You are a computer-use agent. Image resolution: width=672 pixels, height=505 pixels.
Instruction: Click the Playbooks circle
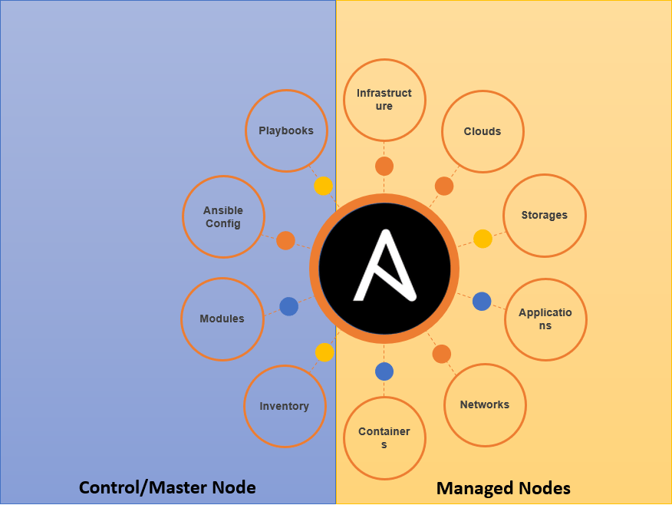pyautogui.click(x=286, y=130)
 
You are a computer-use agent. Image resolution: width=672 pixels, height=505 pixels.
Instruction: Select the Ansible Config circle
pyautogui.click(x=223, y=216)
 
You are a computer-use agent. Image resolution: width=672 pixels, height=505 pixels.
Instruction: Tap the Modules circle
pyautogui.click(x=222, y=319)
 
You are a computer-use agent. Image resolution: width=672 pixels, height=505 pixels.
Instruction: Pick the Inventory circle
pyautogui.click(x=285, y=406)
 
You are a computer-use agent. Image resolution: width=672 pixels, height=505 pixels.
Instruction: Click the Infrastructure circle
pyautogui.click(x=384, y=100)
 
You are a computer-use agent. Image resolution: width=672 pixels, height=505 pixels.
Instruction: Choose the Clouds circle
pyautogui.click(x=483, y=131)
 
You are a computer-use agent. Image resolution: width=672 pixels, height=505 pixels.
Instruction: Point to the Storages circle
pyautogui.click(x=545, y=215)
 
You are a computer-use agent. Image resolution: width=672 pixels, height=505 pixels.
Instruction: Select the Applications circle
pyautogui.click(x=545, y=319)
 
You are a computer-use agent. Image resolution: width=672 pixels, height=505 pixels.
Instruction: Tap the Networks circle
pyautogui.click(x=485, y=404)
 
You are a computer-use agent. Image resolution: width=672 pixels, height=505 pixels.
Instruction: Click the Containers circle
pyautogui.click(x=384, y=437)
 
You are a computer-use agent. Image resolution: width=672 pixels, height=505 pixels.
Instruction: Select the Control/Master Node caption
pyautogui.click(x=167, y=487)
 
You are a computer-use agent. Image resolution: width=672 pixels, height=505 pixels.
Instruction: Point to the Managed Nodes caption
pyautogui.click(x=503, y=487)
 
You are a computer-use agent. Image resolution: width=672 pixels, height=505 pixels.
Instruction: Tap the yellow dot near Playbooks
pyautogui.click(x=324, y=186)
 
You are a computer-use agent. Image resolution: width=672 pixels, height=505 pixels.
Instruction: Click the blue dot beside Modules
pyautogui.click(x=288, y=306)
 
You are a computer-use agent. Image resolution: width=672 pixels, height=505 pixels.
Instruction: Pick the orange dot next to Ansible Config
pyautogui.click(x=285, y=240)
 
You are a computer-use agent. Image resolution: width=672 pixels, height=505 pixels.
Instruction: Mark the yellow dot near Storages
pyautogui.click(x=483, y=239)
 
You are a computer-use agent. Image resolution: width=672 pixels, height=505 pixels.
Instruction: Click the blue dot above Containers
pyautogui.click(x=384, y=371)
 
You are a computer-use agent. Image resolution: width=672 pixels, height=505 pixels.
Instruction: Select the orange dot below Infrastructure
pyautogui.click(x=384, y=166)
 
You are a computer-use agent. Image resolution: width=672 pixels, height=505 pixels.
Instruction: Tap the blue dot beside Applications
pyautogui.click(x=482, y=302)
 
